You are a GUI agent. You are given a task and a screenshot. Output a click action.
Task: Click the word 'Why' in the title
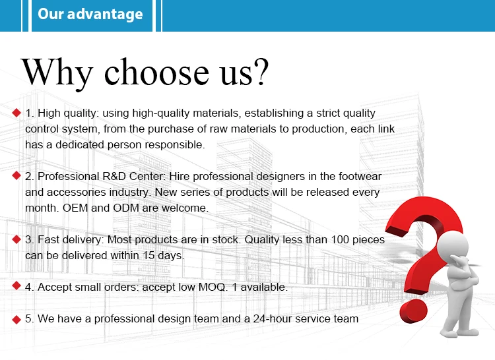(57, 73)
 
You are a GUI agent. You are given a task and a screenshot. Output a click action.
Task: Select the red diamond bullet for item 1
(16, 113)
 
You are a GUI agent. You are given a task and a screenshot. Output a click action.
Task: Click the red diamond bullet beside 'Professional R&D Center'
(16, 175)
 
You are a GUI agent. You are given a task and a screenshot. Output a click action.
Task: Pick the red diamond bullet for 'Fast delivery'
(16, 239)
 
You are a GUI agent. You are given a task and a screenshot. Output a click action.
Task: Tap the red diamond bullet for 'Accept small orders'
(16, 286)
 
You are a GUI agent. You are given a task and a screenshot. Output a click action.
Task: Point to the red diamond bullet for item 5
(16, 320)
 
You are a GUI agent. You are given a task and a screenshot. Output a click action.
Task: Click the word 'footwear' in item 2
(360, 176)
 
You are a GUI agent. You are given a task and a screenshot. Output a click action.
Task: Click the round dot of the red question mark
(414, 311)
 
